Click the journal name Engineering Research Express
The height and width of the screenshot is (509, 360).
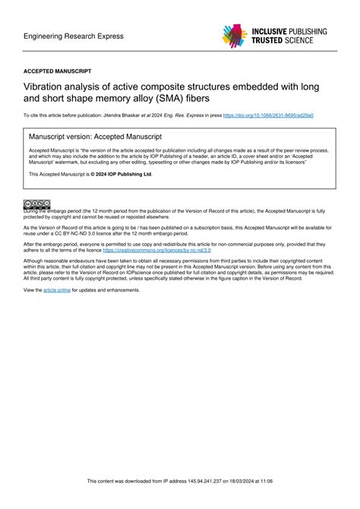click(73, 36)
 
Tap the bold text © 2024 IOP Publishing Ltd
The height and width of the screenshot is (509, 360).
click(122, 174)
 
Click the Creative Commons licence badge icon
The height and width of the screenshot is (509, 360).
click(36, 204)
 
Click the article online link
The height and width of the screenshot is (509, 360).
click(57, 290)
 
